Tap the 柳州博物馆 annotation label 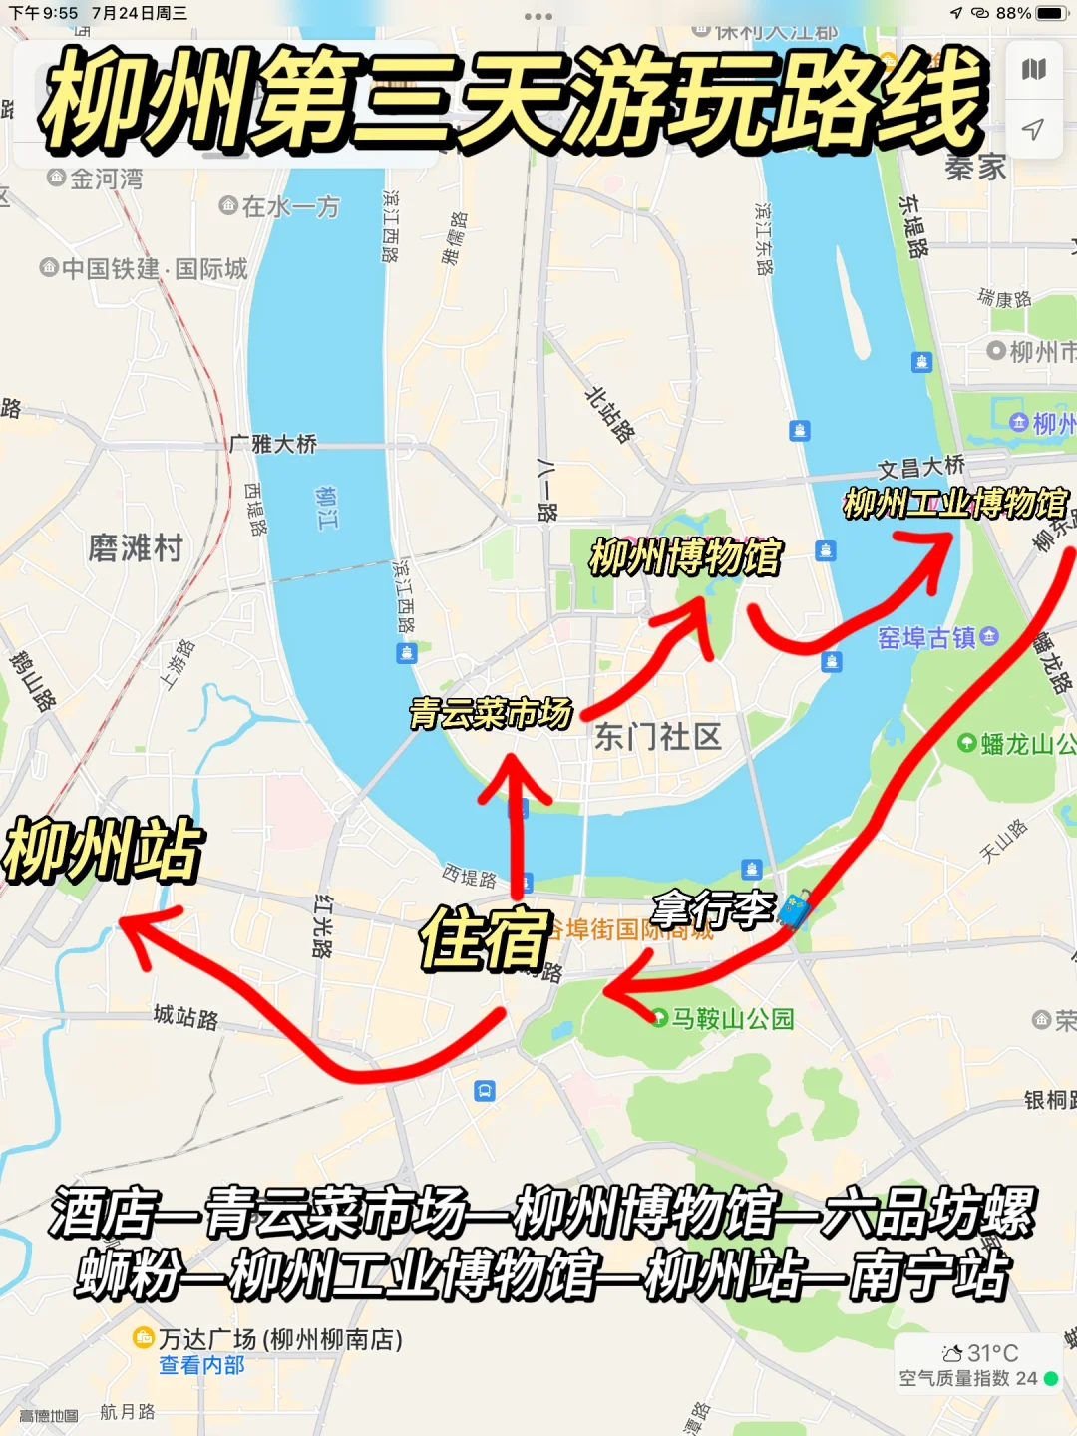point(686,556)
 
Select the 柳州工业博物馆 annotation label point(954,503)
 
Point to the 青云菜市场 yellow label point(491,713)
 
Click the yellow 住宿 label point(486,938)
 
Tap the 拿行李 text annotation point(712,908)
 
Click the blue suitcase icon point(795,909)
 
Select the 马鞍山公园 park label point(732,1018)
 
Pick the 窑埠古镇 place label point(927,637)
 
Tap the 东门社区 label point(657,737)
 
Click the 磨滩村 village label point(136,547)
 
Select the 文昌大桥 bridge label point(921,466)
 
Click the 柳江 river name point(327,508)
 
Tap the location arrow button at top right point(1033,129)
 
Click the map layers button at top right point(1033,69)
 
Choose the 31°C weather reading point(981,1353)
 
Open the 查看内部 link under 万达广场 point(201,1365)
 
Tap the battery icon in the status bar point(1051,13)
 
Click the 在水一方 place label point(290,206)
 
